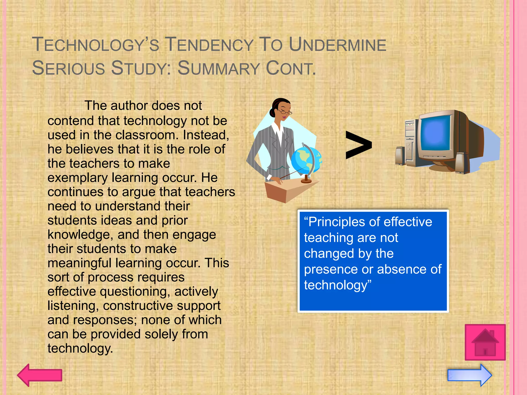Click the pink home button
coord(485,342)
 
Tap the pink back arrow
coord(40,375)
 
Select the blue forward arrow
coord(470,375)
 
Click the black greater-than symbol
coord(358,145)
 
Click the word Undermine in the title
coord(337,45)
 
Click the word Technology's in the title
coord(95,45)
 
